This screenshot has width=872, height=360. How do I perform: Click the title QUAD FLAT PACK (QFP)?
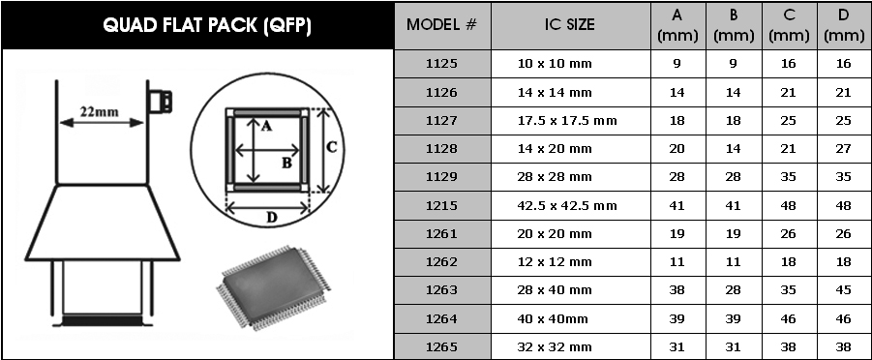click(x=206, y=25)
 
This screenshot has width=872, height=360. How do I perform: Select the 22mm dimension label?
click(x=99, y=111)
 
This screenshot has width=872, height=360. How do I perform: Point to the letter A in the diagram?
click(x=266, y=127)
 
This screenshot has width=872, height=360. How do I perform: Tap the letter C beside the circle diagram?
click(x=331, y=147)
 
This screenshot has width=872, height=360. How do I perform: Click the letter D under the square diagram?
click(x=271, y=217)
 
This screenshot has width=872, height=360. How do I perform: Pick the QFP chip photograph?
click(x=273, y=287)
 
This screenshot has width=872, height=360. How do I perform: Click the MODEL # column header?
click(x=442, y=25)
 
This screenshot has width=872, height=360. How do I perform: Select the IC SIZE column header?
click(x=569, y=24)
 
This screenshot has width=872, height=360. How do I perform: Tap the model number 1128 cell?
click(x=441, y=149)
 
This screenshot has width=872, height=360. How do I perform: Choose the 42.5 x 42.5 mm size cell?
click(x=567, y=205)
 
